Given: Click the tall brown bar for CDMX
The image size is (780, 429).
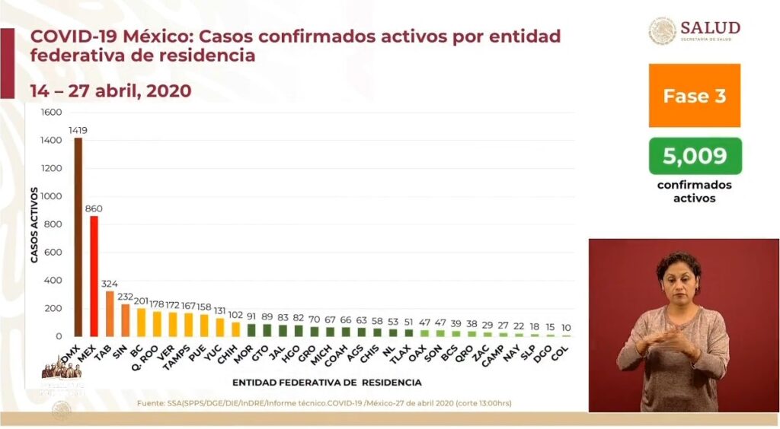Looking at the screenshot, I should click(78, 237).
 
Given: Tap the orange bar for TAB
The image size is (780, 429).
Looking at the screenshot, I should click(110, 313).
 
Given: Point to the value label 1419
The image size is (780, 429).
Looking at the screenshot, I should click(78, 131).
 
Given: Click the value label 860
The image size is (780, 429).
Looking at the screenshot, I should click(94, 208).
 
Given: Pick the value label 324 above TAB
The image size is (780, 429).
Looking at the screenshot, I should click(110, 284).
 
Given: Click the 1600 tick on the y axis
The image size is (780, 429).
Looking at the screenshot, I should click(50, 113).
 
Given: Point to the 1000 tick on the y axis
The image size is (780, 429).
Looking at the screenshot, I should click(50, 196).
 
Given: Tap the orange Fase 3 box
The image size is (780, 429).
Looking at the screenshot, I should click(694, 96).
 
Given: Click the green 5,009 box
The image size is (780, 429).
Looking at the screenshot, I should click(694, 157).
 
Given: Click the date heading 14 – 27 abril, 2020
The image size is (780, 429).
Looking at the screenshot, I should click(110, 91).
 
